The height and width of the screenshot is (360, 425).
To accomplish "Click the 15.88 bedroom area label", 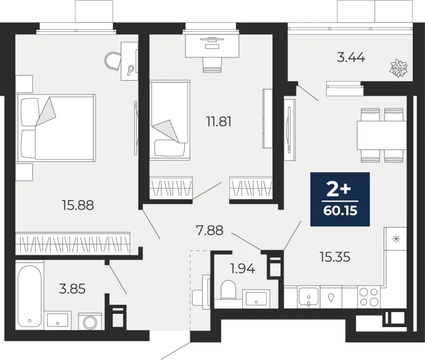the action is [78, 205].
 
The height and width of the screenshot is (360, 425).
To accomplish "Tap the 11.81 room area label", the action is [219, 122].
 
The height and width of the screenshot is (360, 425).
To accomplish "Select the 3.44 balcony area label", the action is [351, 58].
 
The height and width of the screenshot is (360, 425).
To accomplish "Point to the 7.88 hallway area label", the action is [209, 230].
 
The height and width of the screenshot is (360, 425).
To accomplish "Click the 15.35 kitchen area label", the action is [335, 257].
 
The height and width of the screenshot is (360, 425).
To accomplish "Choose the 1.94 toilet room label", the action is [242, 269].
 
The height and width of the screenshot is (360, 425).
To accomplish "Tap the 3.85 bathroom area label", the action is [72, 289].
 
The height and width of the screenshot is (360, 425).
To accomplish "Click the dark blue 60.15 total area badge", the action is [340, 199].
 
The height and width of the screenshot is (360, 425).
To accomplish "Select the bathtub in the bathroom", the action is [30, 295].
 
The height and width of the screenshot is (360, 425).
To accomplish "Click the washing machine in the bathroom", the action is [90, 322].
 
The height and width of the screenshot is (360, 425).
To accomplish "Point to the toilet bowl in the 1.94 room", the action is [228, 290].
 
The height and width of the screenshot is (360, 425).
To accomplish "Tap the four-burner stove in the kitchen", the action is [369, 297].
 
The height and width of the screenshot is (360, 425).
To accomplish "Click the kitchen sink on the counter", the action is [309, 297].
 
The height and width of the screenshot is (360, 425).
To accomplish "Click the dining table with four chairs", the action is [381, 135].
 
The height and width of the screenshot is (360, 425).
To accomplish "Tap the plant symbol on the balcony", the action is [399, 68].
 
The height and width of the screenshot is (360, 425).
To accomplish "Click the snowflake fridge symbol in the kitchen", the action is [396, 239].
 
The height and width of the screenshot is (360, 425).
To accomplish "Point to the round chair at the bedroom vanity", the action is [113, 61].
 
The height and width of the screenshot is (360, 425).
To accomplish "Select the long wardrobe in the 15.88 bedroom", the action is [73, 243].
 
